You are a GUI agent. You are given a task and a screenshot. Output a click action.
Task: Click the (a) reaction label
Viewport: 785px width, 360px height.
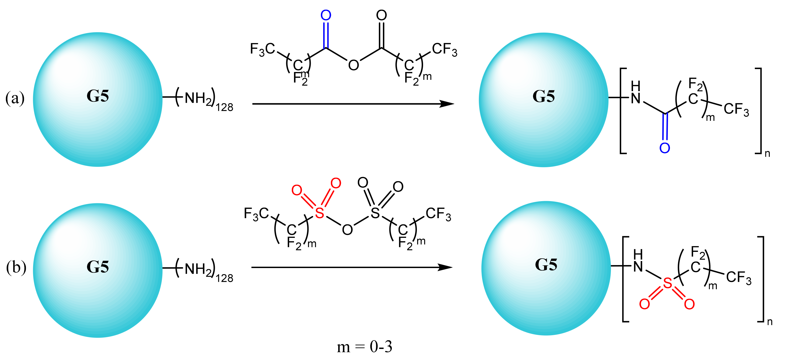(x=15, y=98)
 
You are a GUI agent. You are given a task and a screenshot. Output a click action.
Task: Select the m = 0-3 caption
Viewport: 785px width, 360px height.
(x=364, y=347)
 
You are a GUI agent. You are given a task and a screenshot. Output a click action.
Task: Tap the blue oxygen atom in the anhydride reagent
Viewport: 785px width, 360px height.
(x=326, y=15)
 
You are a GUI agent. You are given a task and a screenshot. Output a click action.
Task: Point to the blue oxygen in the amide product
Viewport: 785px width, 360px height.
(x=665, y=148)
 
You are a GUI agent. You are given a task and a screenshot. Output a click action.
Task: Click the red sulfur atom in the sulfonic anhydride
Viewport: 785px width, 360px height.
(x=319, y=213)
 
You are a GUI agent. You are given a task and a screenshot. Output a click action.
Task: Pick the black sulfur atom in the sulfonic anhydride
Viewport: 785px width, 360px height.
(x=375, y=213)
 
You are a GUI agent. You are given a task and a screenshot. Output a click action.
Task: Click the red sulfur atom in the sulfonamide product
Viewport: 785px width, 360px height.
(x=668, y=283)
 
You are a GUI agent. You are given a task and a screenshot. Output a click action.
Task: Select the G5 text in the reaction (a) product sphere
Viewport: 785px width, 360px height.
(x=544, y=96)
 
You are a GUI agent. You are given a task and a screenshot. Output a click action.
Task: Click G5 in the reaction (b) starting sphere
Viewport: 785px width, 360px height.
(x=98, y=267)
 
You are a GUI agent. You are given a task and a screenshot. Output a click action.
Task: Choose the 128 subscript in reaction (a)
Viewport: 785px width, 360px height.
(x=224, y=107)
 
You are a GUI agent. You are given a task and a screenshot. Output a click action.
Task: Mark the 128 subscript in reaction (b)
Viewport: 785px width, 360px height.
(x=224, y=278)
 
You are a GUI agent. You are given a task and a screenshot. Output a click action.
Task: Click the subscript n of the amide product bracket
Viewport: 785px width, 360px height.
(x=767, y=153)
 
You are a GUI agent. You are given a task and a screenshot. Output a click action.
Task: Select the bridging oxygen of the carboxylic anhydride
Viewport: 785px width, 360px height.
(x=354, y=65)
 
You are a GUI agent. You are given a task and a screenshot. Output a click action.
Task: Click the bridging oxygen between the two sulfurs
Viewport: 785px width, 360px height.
(x=347, y=230)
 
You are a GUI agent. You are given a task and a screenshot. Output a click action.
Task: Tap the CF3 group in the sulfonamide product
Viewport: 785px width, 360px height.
(x=739, y=278)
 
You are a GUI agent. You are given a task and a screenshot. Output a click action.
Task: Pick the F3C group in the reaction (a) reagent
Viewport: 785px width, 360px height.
(x=262, y=49)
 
